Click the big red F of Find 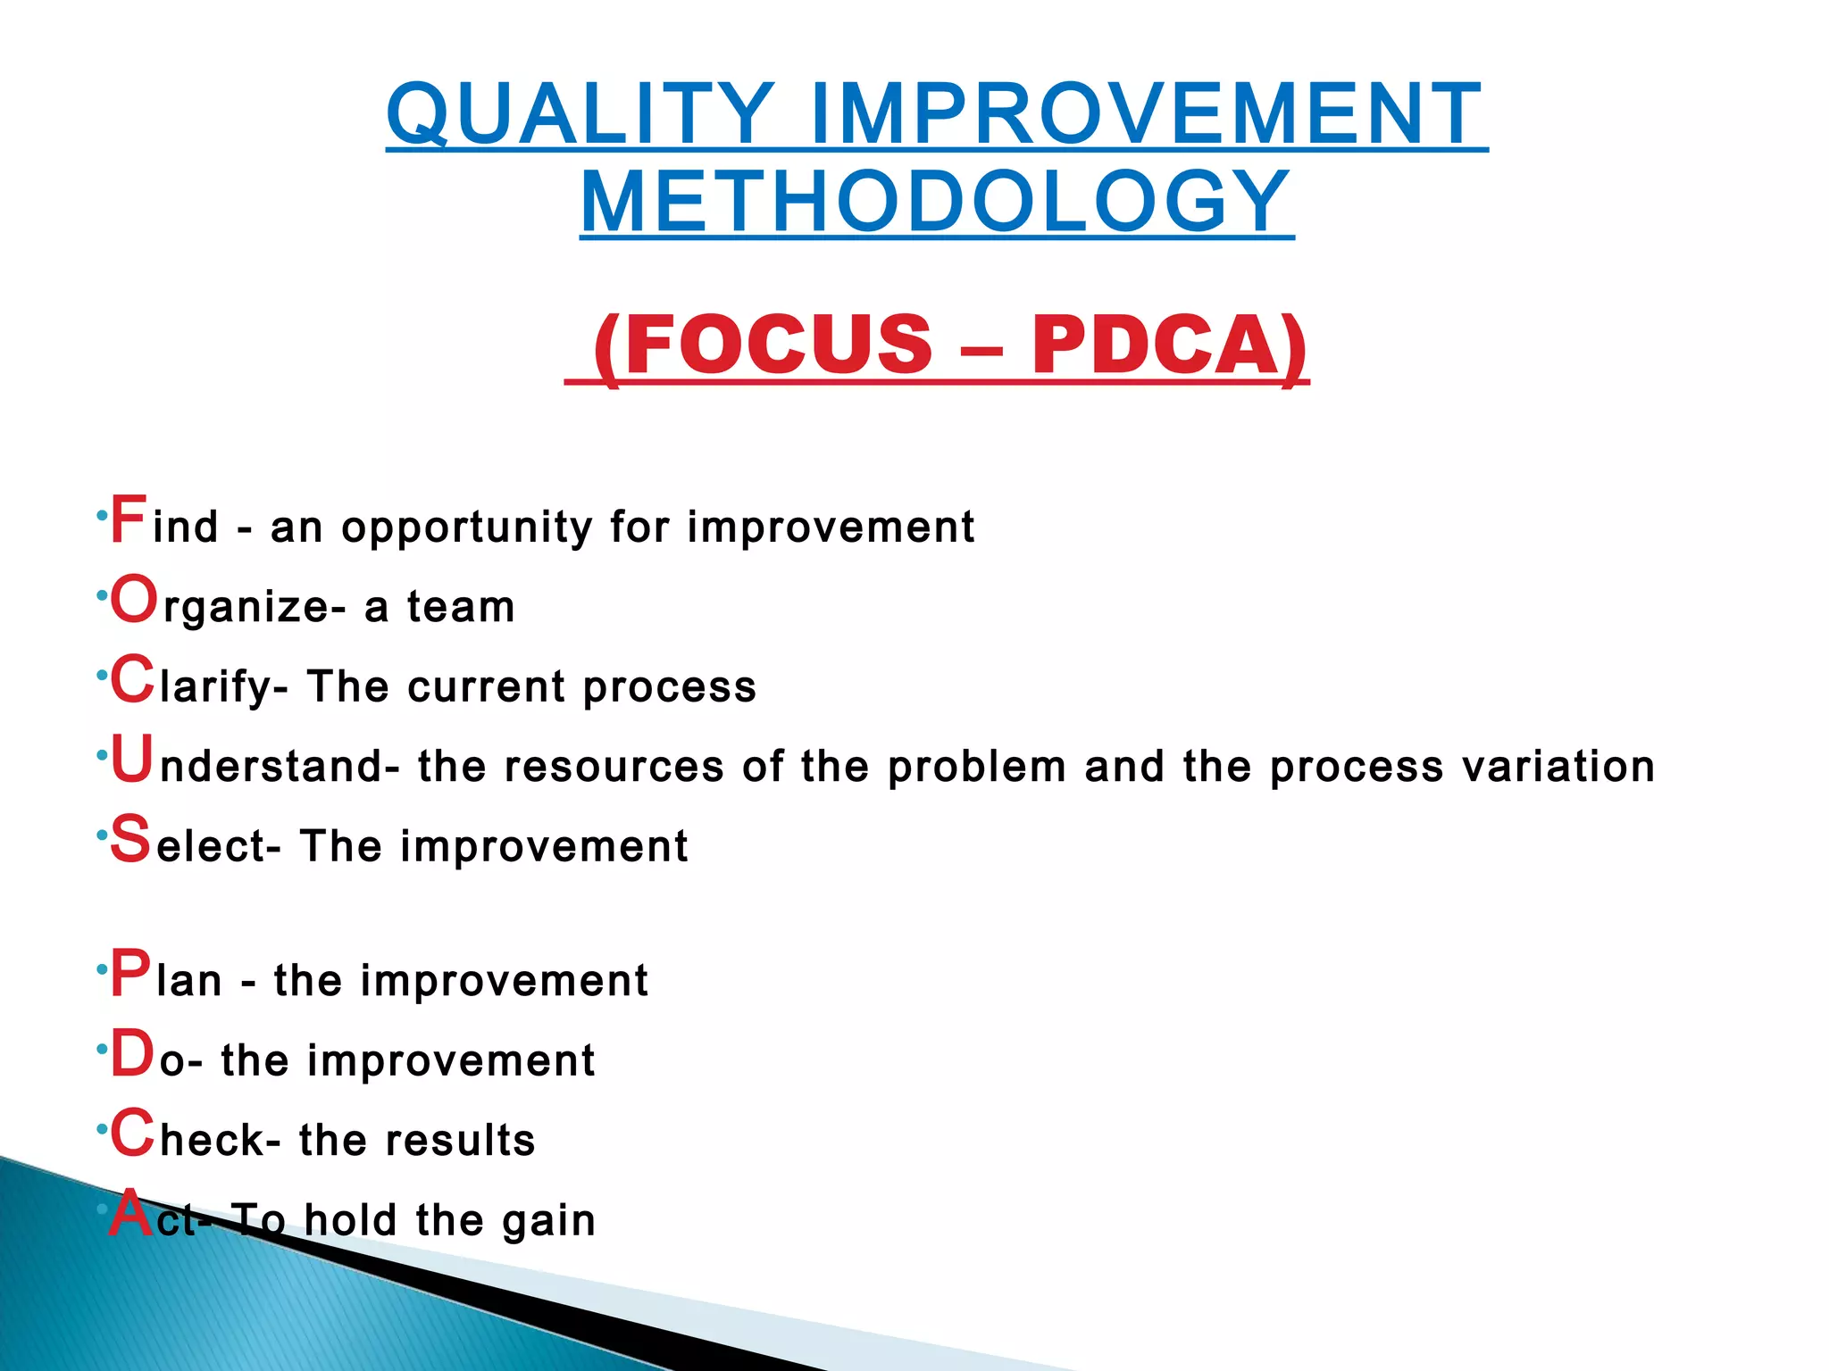(127, 519)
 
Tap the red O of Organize (134, 600)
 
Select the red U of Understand (132, 760)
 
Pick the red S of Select (130, 840)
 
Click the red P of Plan (130, 974)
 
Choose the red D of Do (132, 1054)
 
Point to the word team (461, 607)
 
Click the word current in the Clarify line (486, 687)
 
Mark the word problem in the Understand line (977, 767)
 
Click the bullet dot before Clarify (102, 676)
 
